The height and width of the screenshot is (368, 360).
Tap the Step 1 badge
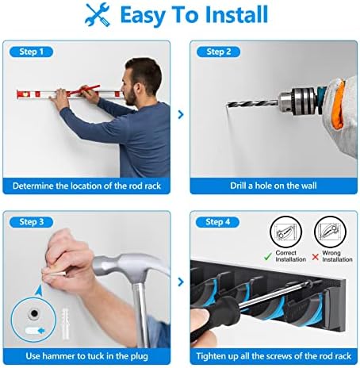(32, 52)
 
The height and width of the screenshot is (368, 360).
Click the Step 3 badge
(32, 222)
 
